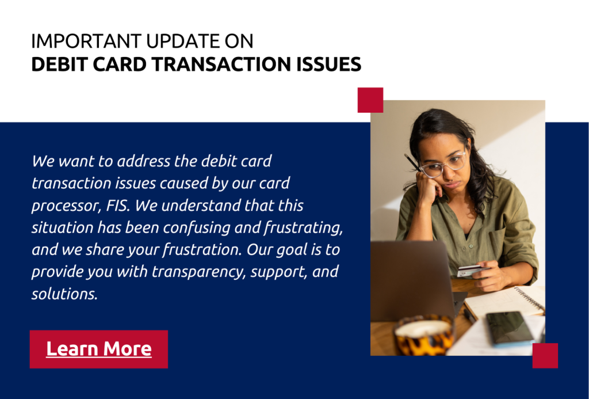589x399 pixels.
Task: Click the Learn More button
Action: click(x=99, y=349)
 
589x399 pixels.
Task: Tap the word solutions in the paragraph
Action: click(x=64, y=294)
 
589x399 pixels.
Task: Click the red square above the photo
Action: click(x=370, y=100)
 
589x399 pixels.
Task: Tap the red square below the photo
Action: click(x=545, y=355)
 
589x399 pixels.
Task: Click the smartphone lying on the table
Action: click(x=510, y=328)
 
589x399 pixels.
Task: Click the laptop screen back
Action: click(x=411, y=280)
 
